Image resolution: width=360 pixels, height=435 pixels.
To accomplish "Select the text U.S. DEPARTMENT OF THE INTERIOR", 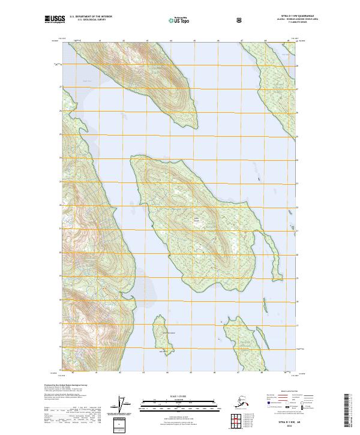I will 91,17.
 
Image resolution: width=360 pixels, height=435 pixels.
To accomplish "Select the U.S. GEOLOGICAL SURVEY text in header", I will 88,20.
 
